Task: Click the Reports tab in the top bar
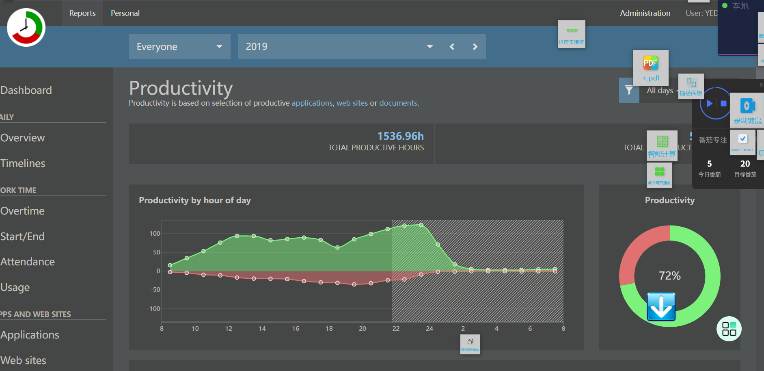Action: tap(82, 13)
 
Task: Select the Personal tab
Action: tap(125, 13)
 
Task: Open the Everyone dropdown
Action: tap(179, 47)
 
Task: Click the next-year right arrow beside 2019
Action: tap(475, 47)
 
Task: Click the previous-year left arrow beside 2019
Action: tap(452, 47)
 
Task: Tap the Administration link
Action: tap(645, 13)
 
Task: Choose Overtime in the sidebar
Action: tap(23, 211)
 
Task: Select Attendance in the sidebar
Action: tap(28, 262)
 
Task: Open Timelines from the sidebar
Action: tap(23, 163)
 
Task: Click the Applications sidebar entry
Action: tap(30, 335)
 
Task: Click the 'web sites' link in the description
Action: tap(352, 103)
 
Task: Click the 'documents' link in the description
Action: tap(398, 103)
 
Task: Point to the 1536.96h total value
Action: tap(400, 136)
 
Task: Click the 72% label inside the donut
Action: tap(669, 276)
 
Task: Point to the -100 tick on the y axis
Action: tap(153, 309)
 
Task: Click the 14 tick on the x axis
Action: tap(262, 329)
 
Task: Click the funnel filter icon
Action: tap(629, 90)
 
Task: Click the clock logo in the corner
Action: tap(26, 27)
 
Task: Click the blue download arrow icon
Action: tap(661, 307)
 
